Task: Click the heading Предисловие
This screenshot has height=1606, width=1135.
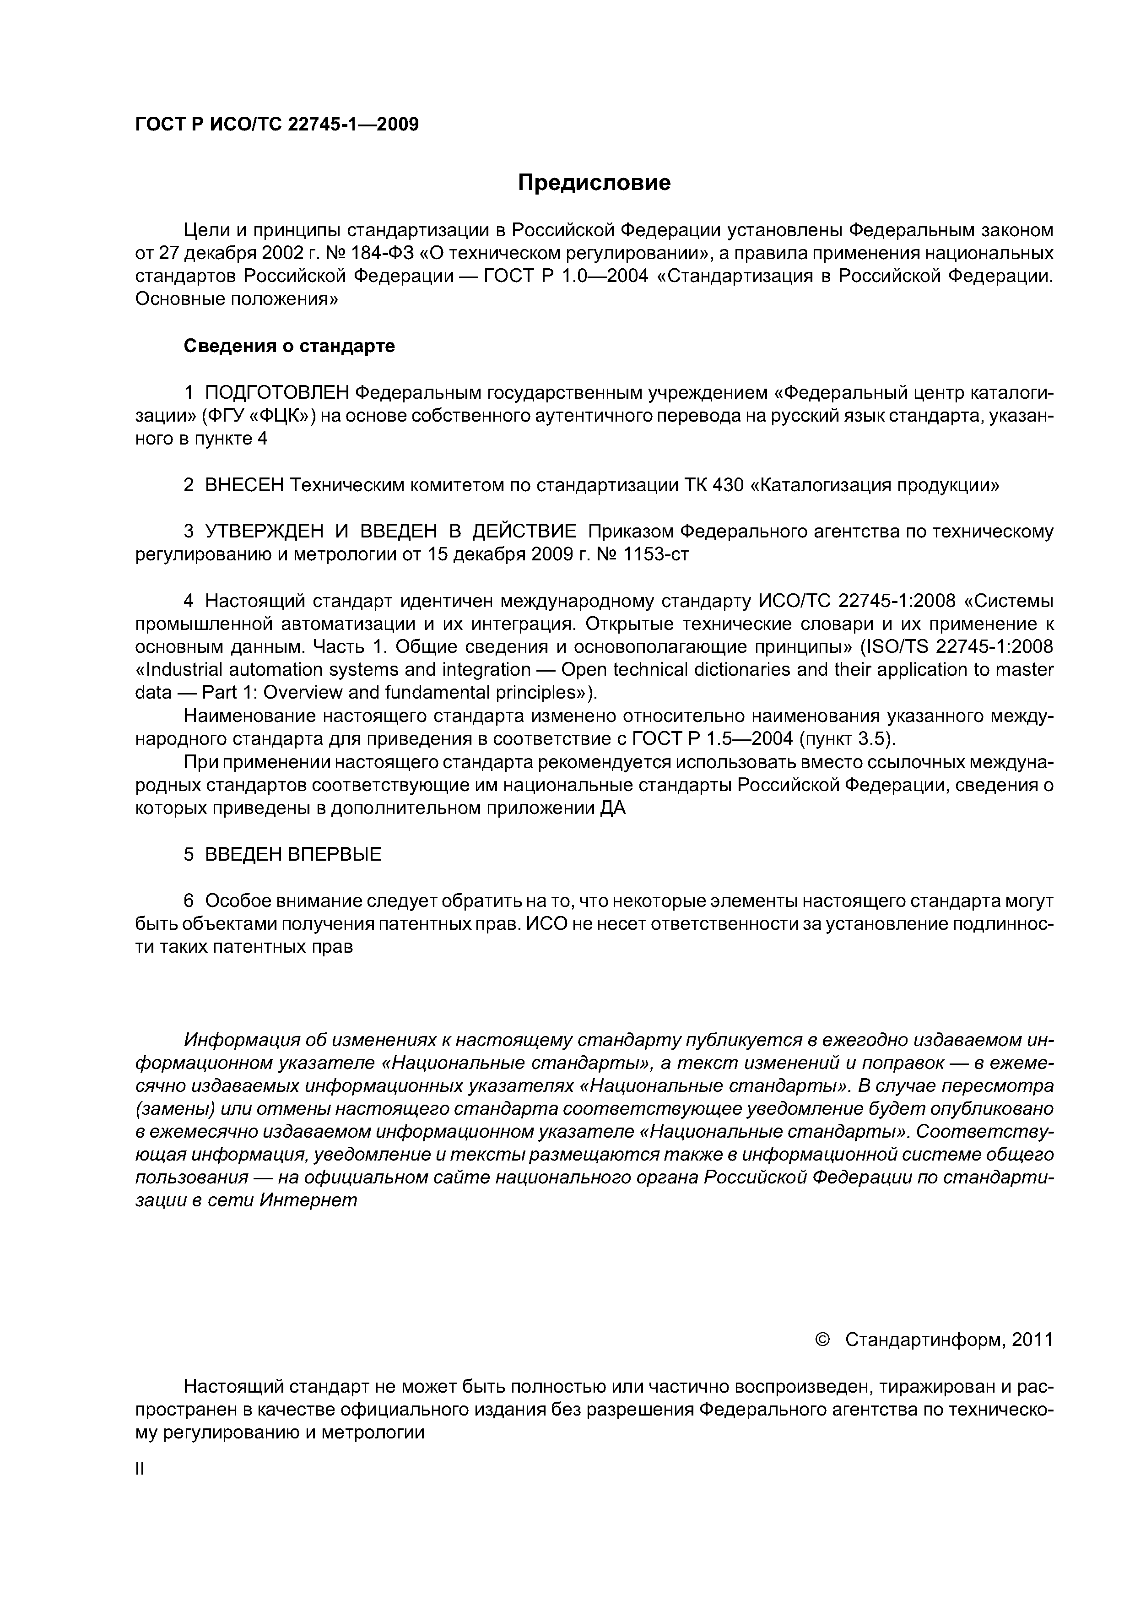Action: pos(594,183)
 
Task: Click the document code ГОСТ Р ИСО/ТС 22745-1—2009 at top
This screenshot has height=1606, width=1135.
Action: pos(276,125)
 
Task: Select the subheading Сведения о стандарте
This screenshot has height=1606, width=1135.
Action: pos(289,346)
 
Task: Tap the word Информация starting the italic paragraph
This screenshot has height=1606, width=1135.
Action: pos(240,1039)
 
